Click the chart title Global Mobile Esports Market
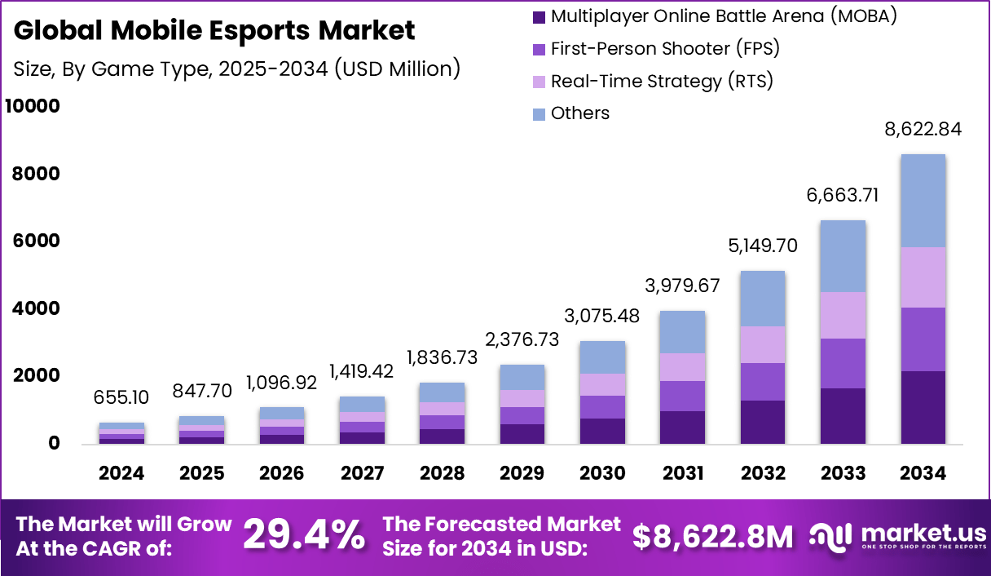[x=214, y=31]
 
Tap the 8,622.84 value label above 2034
[x=923, y=129]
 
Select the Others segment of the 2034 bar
[x=923, y=201]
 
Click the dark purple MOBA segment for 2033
[x=843, y=415]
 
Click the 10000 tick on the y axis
[x=33, y=107]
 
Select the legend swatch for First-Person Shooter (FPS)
[x=539, y=49]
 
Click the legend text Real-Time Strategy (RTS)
[x=662, y=82]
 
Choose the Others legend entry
[x=579, y=113]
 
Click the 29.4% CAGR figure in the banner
[x=304, y=535]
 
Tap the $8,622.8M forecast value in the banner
[x=713, y=536]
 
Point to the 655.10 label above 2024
[x=122, y=397]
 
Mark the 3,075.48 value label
[x=603, y=315]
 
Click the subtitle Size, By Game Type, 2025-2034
[x=237, y=69]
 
